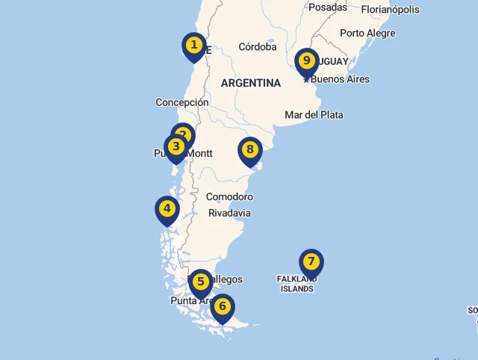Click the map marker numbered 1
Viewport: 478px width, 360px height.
pos(194,46)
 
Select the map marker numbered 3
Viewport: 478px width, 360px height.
pos(176,146)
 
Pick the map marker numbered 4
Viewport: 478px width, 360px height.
pos(167,209)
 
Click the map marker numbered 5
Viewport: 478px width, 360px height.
pos(200,282)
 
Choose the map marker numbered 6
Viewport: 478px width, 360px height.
pos(222,306)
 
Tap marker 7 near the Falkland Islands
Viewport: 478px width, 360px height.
pos(311,261)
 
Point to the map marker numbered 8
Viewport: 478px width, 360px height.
pos(250,149)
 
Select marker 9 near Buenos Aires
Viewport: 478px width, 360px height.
pos(306,61)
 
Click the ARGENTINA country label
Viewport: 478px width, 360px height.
pos(251,83)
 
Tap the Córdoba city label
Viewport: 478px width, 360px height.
pos(258,47)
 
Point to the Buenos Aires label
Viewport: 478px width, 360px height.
pos(340,79)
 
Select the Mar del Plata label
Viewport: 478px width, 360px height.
pos(314,114)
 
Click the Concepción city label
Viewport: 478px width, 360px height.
pos(181,102)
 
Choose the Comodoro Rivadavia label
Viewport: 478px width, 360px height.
pos(229,205)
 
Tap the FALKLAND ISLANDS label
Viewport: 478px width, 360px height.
pos(297,284)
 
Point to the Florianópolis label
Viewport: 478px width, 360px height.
pos(390,10)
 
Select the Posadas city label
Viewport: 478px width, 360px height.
pos(328,7)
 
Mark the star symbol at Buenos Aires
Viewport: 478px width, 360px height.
pos(306,78)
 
